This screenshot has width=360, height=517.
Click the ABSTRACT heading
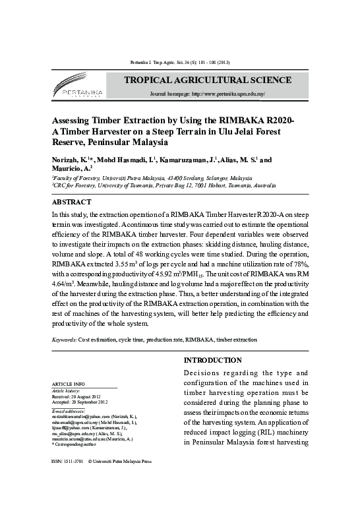(71, 202)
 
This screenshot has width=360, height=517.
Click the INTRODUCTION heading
(212, 361)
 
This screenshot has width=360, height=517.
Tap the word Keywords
(64, 340)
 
